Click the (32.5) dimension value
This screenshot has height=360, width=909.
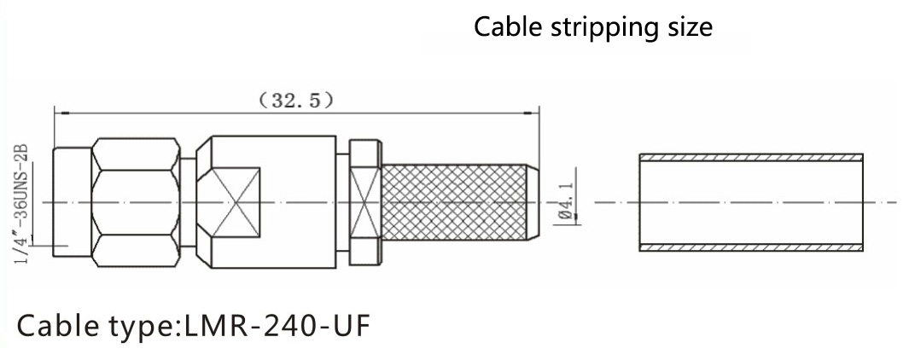coord(296,101)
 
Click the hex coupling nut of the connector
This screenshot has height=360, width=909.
coord(137,203)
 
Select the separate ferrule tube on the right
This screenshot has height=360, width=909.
coord(751,202)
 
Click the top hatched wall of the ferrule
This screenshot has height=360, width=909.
coord(751,158)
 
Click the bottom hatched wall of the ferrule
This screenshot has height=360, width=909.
coord(751,247)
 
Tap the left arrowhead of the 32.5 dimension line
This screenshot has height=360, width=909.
coord(58,112)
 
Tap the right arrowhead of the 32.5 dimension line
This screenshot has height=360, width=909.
coord(534,112)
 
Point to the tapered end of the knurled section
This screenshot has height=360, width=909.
coord(529,202)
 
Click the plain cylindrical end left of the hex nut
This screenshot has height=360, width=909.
coord(72,202)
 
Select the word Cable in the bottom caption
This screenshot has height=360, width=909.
coord(55,327)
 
